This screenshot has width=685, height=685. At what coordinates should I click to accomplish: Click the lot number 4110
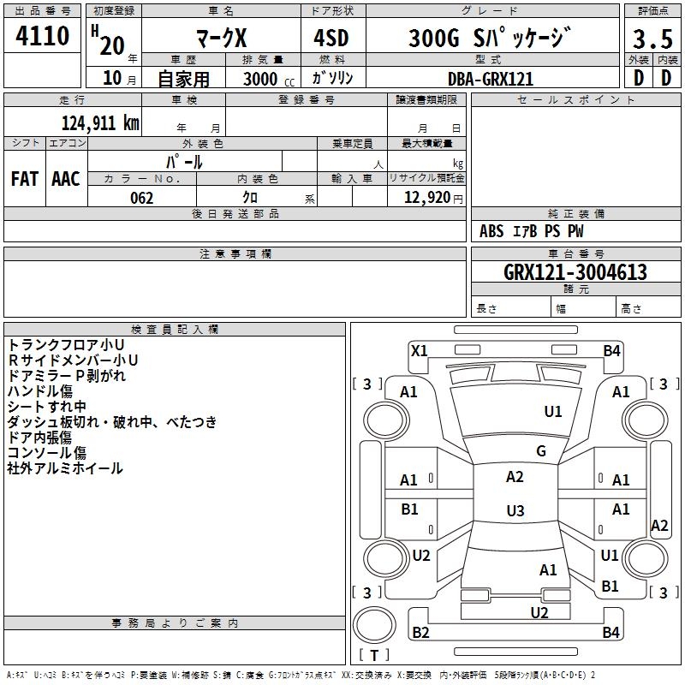coord(42,35)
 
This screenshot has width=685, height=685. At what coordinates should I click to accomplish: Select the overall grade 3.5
coord(652,39)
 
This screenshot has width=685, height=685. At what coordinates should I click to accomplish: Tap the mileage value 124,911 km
coord(100,123)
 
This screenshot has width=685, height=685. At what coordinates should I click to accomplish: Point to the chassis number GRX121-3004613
coord(575,272)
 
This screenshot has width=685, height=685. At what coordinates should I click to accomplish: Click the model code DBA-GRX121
coord(491,79)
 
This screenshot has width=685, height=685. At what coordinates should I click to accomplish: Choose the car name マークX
coord(221,38)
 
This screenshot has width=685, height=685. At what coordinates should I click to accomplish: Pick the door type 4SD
coord(331,38)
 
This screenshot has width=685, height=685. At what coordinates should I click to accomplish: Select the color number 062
coord(142,198)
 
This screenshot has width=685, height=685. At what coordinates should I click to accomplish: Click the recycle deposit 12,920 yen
coord(433,198)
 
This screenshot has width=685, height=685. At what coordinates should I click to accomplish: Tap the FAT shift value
coord(25,179)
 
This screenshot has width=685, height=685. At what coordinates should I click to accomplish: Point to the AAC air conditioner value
coord(66,179)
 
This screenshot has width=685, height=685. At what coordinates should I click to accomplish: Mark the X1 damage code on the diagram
coord(420,351)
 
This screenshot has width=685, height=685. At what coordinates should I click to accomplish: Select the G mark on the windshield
coord(541,450)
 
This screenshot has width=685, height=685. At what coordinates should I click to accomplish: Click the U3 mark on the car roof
coord(515,510)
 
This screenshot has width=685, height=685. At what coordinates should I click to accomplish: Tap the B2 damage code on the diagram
coord(420,632)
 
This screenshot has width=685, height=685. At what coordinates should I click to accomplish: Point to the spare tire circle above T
coord(374,625)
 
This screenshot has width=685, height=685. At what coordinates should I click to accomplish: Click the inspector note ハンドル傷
coord(39,391)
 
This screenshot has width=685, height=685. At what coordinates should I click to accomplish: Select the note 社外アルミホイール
coord(65,468)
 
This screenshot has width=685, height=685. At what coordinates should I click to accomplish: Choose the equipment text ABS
coord(491,231)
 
